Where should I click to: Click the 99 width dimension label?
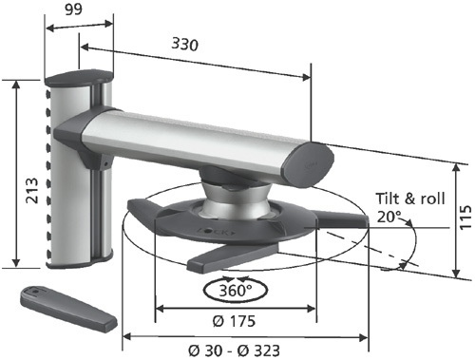tap(73, 9)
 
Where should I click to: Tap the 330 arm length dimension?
tap(185, 44)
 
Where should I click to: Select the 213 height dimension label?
tap(32, 190)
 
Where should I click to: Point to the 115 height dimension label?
tap(465, 218)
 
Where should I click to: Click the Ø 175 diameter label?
tap(234, 321)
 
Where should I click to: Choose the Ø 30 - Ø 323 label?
tap(234, 351)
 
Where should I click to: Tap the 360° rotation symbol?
tap(236, 290)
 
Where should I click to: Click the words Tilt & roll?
tap(410, 199)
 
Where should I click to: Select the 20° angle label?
tap(389, 217)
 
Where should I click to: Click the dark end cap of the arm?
tap(309, 163)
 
